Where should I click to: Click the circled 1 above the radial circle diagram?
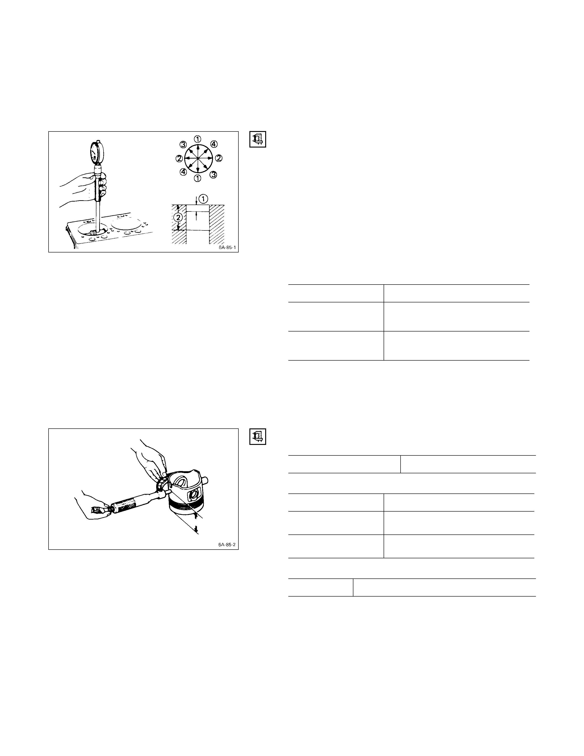(x=197, y=139)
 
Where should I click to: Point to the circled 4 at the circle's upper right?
(x=214, y=144)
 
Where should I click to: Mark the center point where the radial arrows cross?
(x=197, y=158)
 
